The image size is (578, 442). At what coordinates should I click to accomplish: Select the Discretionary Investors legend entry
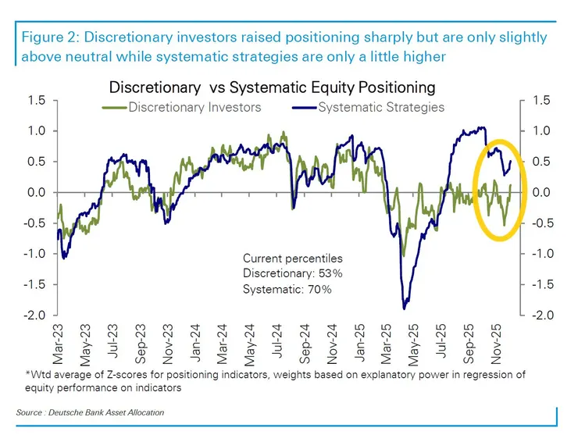click(x=193, y=107)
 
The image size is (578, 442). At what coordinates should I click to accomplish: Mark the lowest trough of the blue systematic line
click(x=405, y=308)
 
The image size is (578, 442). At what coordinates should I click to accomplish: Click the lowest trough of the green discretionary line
click(x=403, y=255)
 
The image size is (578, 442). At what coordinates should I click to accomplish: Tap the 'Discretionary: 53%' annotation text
click(x=292, y=273)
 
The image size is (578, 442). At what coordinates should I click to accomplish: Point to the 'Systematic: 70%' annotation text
click(x=287, y=289)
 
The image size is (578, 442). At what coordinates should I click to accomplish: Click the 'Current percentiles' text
click(x=292, y=258)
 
